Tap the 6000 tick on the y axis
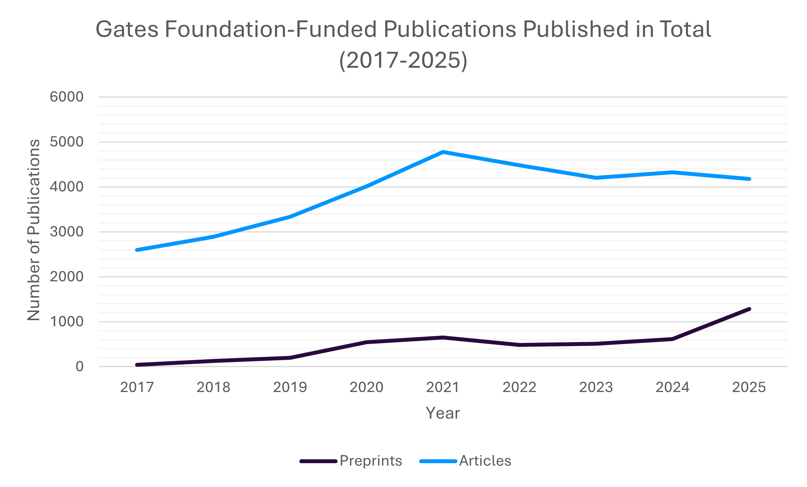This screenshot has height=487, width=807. click(66, 97)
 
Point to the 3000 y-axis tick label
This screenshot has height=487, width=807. click(66, 232)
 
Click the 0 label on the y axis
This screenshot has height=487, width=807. click(79, 366)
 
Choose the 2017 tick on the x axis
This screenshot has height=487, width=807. click(137, 387)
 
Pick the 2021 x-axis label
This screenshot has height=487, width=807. click(443, 387)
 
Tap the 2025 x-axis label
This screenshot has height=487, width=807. click(749, 387)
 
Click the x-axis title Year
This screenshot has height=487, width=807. click(443, 413)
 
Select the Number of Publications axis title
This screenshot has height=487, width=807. click(34, 230)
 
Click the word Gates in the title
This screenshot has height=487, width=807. click(127, 29)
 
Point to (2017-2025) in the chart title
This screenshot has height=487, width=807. click(403, 61)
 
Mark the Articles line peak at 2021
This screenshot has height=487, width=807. click(443, 152)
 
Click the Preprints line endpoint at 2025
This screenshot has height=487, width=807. click(749, 309)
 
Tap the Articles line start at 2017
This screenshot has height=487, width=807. click(137, 250)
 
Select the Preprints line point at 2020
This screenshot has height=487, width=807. click(367, 342)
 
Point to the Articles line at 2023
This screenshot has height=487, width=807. click(596, 178)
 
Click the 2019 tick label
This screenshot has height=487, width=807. click(290, 387)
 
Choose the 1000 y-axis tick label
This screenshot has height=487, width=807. click(66, 321)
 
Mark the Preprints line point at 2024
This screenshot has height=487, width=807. click(672, 339)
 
